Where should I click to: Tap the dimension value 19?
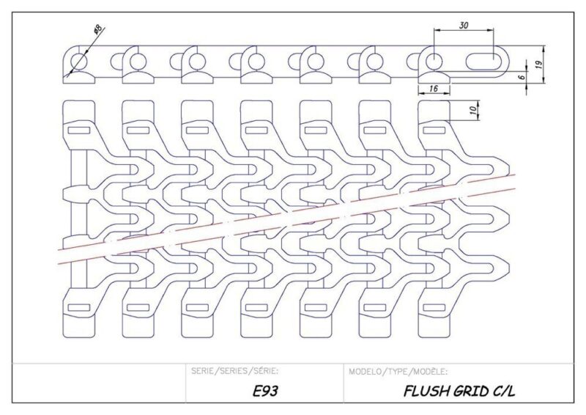coord(538,65)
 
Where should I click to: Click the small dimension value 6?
coord(522,76)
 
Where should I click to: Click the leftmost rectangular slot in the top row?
coord(78,129)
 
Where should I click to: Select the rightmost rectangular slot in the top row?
coord(431,129)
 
